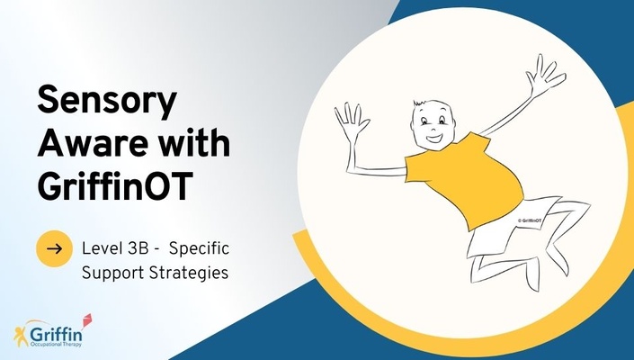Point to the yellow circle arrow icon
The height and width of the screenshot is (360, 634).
(55, 248)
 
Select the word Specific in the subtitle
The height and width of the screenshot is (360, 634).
(199, 249)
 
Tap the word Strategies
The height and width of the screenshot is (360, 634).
(189, 273)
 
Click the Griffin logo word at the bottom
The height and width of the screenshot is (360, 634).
(56, 335)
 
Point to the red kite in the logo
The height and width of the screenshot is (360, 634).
(86, 320)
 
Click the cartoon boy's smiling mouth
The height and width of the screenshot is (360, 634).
(434, 139)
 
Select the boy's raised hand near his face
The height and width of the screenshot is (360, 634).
(351, 121)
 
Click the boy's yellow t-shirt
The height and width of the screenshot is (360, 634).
(465, 179)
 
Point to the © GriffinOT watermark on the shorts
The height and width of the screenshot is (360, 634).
(530, 220)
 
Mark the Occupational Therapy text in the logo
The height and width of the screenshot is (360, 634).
(56, 344)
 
